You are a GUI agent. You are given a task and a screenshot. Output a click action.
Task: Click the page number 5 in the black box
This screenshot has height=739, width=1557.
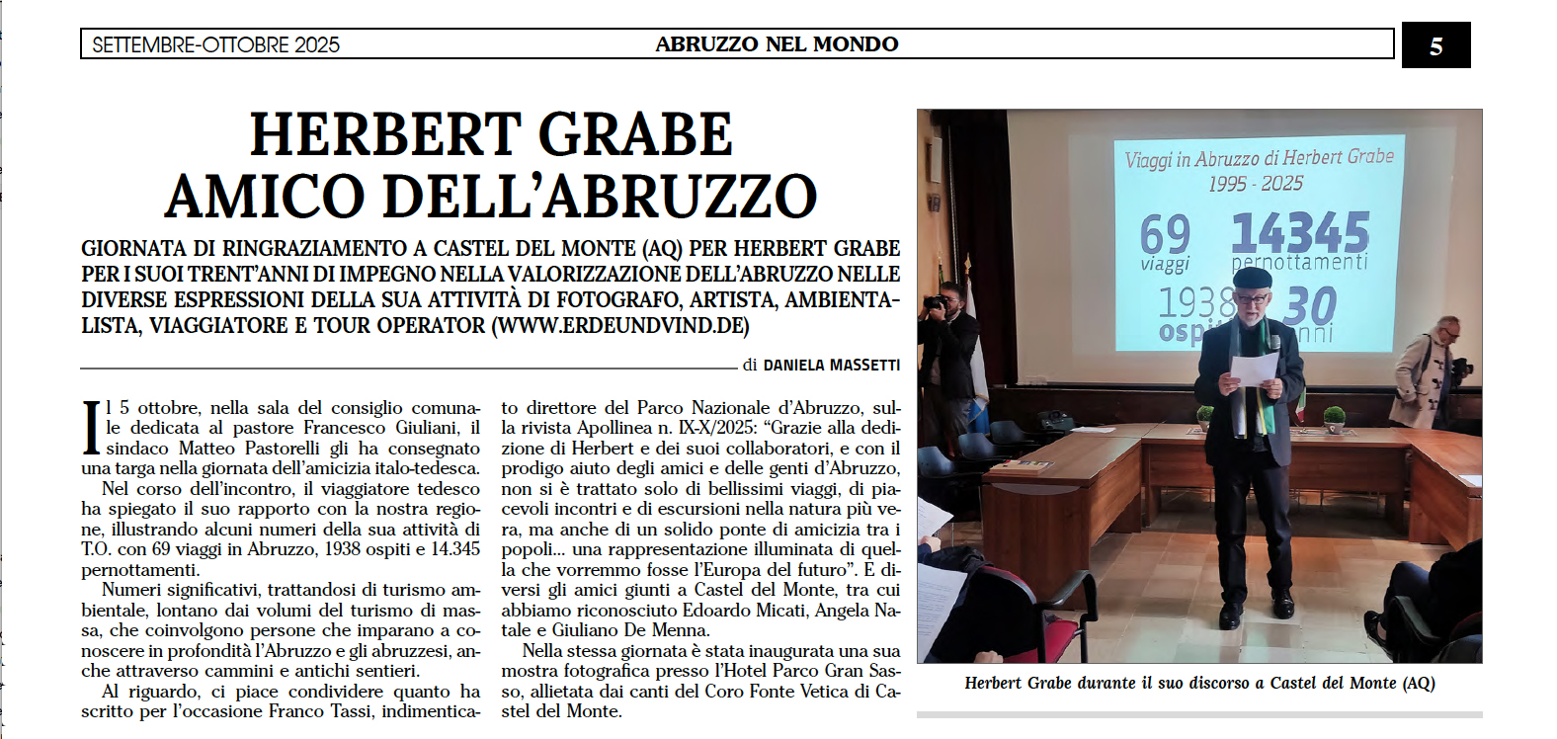coord(1435,45)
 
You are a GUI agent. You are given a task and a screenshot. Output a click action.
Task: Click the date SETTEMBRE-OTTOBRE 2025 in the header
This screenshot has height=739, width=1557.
coord(215,44)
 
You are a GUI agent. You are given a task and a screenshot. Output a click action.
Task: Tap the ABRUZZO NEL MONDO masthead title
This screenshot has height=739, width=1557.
coord(777,44)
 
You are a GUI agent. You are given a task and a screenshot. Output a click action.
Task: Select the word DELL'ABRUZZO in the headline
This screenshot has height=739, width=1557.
coord(600,196)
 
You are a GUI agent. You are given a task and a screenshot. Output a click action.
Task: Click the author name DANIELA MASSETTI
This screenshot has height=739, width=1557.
coord(831,366)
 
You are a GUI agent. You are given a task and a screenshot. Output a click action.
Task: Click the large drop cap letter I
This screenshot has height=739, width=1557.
coord(91,428)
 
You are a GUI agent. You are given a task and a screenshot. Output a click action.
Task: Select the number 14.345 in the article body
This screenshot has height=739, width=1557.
coord(453,549)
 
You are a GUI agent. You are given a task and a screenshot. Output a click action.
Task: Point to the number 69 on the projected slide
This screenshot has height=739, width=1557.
coord(1165,235)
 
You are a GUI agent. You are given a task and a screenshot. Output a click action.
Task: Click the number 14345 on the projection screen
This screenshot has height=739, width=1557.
coord(1300,233)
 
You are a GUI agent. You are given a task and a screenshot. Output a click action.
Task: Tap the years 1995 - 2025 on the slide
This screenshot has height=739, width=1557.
coord(1255,184)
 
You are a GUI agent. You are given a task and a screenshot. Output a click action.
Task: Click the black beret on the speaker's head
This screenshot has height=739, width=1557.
coord(1252,278)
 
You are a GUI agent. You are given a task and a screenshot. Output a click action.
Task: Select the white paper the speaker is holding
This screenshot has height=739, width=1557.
coord(1252,370)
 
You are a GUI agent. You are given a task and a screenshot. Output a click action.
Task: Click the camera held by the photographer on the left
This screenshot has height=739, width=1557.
coord(935,303)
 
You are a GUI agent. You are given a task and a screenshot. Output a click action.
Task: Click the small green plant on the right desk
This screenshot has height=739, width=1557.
coord(1335,416)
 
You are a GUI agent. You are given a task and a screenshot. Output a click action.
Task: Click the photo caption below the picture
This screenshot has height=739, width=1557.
coord(1199,683)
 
